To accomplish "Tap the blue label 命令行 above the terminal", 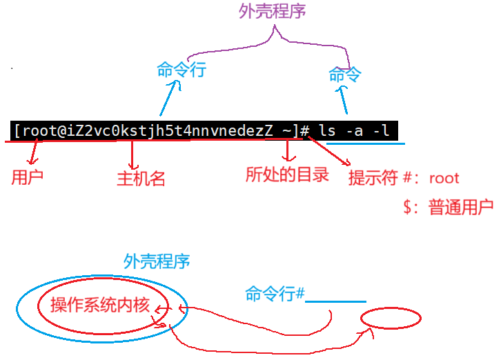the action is point(181,70).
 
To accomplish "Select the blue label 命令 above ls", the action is point(345,74).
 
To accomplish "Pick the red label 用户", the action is point(28,177).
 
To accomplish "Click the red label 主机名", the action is point(141,179).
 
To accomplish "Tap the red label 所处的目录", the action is point(287,174).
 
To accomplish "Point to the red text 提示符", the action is point(373,178).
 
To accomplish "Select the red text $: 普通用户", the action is point(449,207).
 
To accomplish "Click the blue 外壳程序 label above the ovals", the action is point(157,261).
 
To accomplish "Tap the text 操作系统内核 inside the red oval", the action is point(100,306).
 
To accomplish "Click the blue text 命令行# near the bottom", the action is point(275,294).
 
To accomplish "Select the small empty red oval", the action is point(391,318).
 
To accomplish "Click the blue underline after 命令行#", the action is point(335,301).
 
